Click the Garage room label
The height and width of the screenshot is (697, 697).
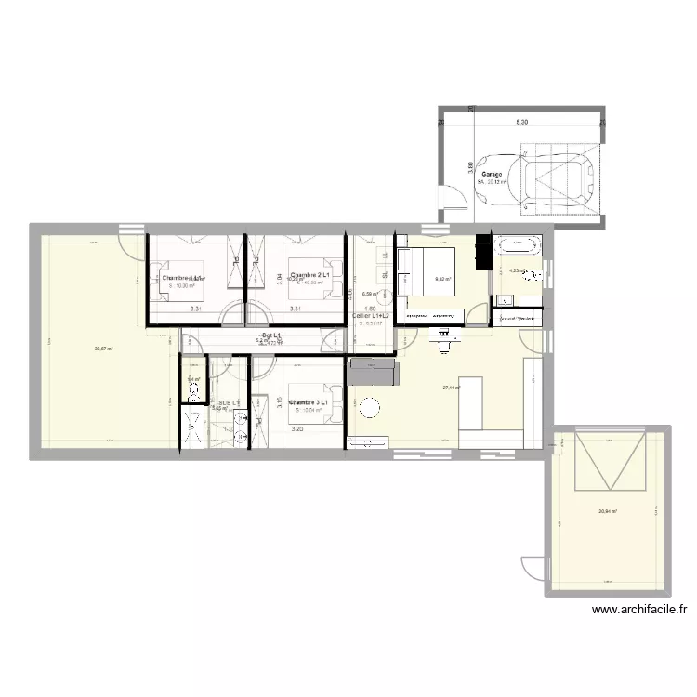point(492,174)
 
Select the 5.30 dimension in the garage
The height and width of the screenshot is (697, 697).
point(521,122)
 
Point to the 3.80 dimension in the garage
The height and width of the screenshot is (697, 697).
point(471,168)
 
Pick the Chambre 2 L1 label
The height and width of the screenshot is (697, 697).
point(311,276)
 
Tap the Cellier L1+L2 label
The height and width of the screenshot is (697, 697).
point(374,314)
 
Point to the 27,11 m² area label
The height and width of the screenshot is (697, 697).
point(453,388)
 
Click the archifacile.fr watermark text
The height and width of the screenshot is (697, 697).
point(638,611)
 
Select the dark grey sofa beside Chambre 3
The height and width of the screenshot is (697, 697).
point(373,374)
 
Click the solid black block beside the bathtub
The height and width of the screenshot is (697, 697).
point(482,252)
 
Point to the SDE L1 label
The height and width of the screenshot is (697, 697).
point(229,402)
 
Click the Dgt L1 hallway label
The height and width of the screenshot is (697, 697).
point(271,335)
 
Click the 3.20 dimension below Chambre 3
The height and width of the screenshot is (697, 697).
point(297,429)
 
